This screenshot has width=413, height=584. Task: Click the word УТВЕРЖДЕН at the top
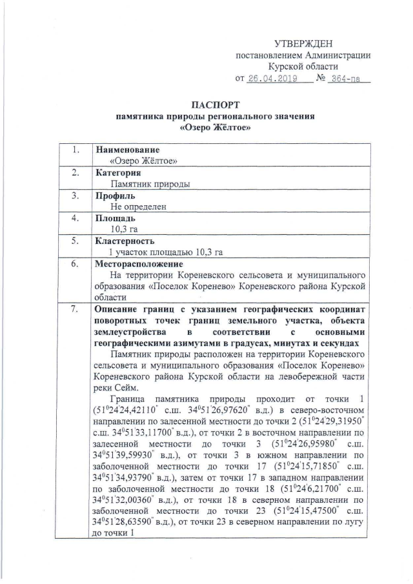[x=303, y=44]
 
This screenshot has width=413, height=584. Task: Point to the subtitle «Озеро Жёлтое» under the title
[x=215, y=128]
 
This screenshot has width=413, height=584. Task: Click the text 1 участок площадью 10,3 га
[x=166, y=252]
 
